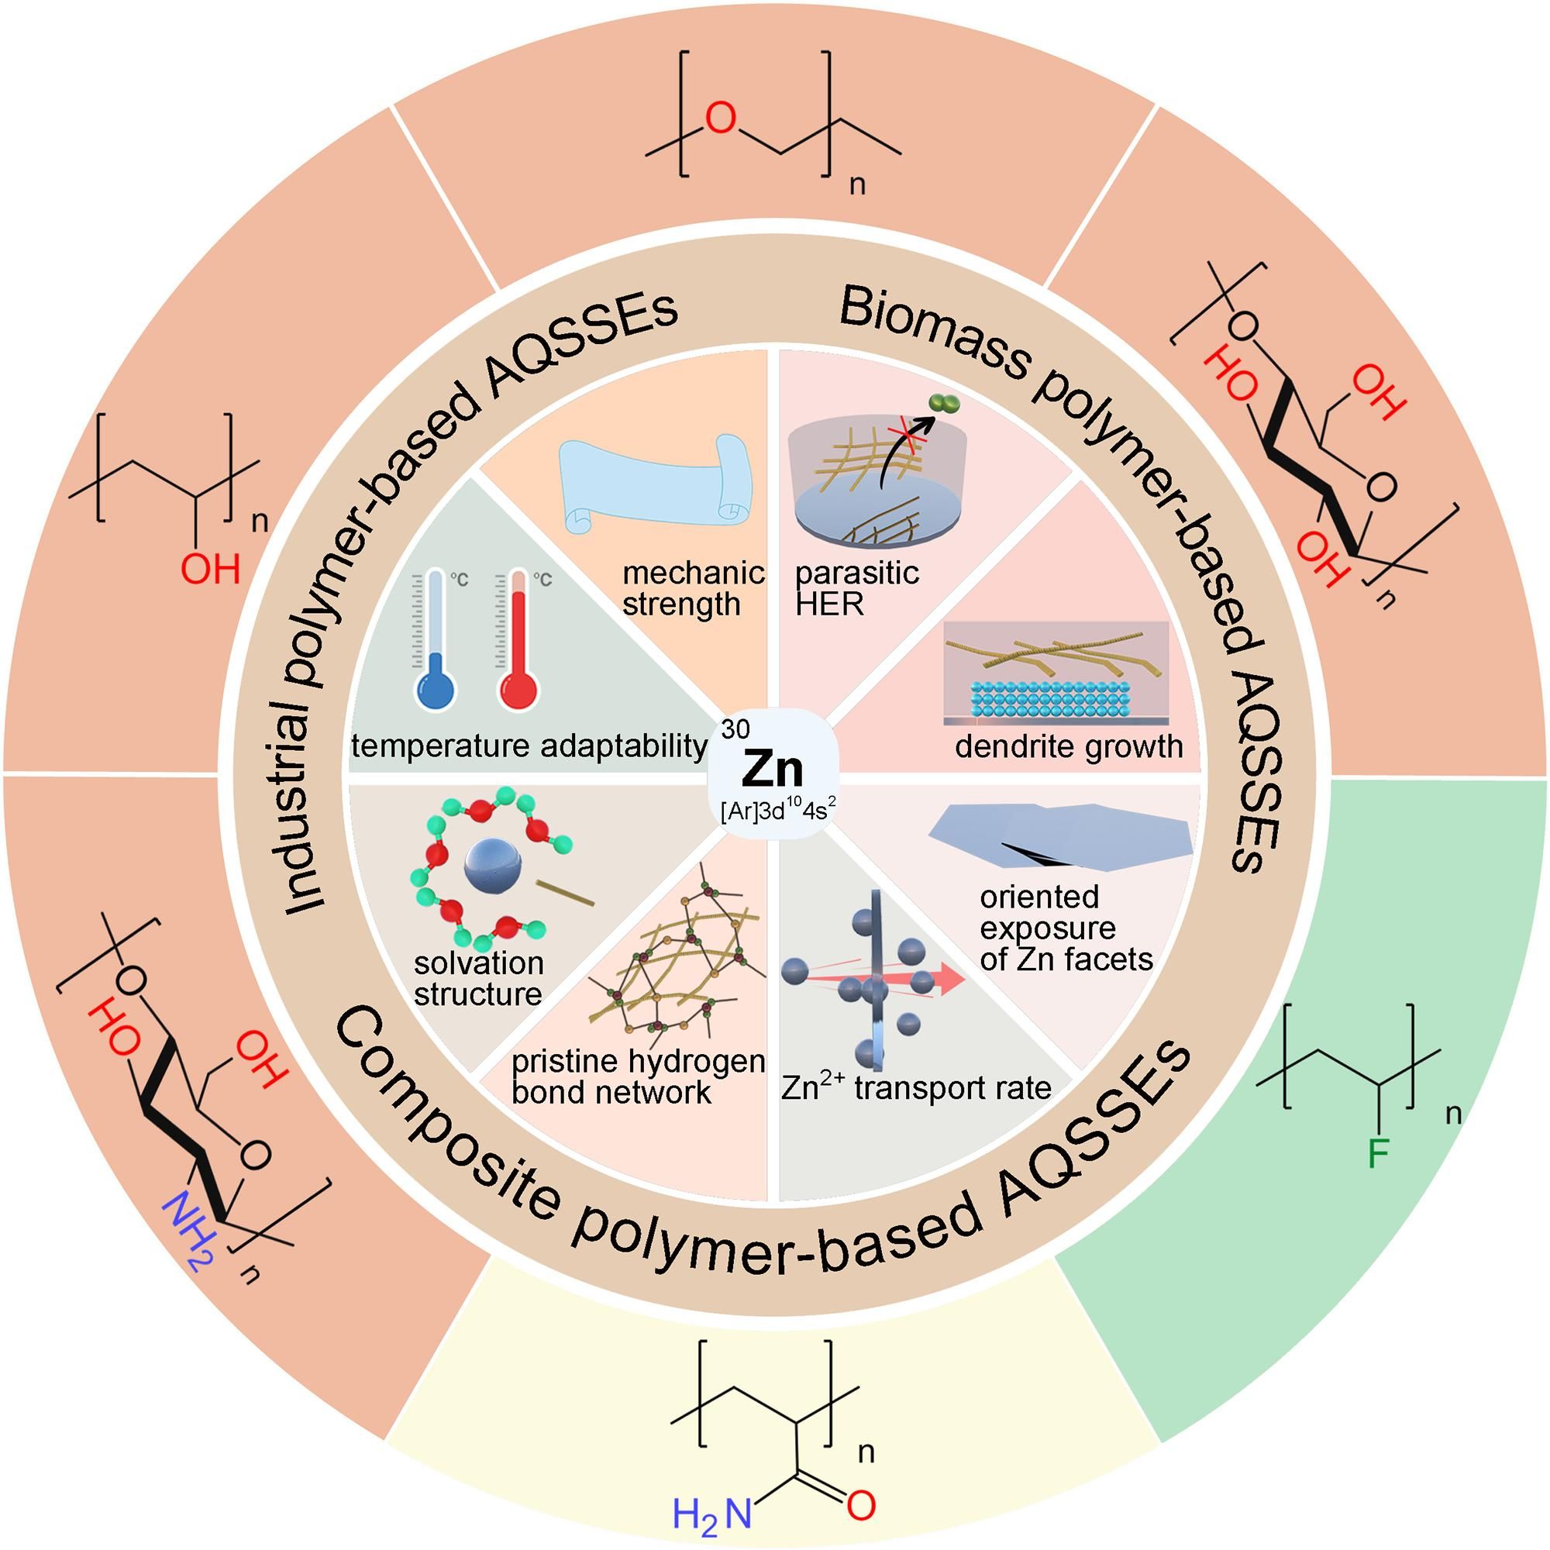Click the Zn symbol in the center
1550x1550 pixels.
coord(773,771)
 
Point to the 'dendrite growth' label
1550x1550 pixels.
coord(1069,747)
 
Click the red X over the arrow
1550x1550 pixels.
coord(908,435)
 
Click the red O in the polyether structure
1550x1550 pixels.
coord(720,119)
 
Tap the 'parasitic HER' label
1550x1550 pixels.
coord(856,588)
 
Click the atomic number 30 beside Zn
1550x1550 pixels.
coord(735,729)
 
